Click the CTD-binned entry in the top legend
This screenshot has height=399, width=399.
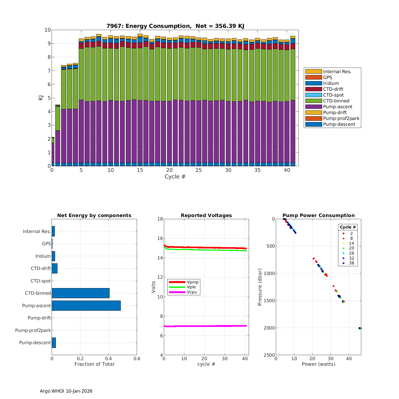click(x=336, y=101)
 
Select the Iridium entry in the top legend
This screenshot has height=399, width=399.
click(x=331, y=83)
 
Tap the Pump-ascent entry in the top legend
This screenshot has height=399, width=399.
click(x=338, y=107)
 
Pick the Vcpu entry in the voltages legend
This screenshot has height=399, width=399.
click(x=192, y=292)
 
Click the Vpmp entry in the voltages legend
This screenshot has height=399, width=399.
click(x=193, y=282)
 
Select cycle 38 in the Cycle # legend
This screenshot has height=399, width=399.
click(x=351, y=263)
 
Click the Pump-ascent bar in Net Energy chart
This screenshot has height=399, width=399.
click(x=86, y=306)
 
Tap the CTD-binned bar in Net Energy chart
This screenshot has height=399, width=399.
click(x=81, y=293)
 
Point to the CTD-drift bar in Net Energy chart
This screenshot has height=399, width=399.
click(x=55, y=268)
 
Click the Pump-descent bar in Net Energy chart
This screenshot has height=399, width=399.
click(x=54, y=343)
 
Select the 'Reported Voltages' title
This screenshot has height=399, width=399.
click(x=206, y=215)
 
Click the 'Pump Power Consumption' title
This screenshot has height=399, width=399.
click(x=318, y=215)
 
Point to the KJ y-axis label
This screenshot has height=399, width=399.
click(x=41, y=98)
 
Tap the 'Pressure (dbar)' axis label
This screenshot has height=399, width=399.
click(x=260, y=287)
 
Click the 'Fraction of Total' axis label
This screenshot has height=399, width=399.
click(x=94, y=364)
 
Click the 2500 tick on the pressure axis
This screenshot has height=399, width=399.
click(x=270, y=355)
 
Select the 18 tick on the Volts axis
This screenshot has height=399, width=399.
click(x=160, y=219)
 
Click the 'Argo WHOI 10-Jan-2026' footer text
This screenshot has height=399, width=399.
click(x=66, y=391)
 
